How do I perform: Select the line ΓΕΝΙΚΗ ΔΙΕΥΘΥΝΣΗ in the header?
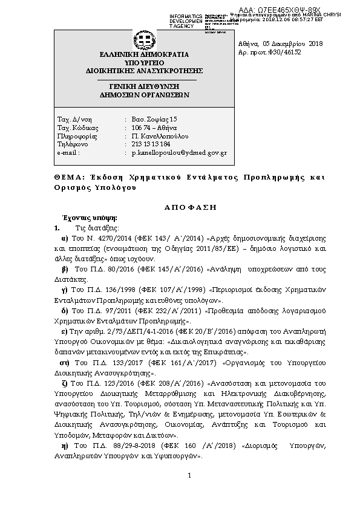pyautogui.click(x=145, y=87)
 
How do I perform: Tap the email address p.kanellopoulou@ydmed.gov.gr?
pyautogui.click(x=179, y=154)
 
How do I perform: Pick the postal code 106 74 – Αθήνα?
pyautogui.click(x=155, y=128)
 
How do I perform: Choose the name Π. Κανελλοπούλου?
pyautogui.click(x=159, y=137)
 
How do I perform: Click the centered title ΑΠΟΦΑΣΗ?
pyautogui.click(x=191, y=207)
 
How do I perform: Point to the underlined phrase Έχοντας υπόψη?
pyautogui.click(x=86, y=217)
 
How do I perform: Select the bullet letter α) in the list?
pyautogui.click(x=65, y=239)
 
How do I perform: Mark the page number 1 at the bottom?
pyautogui.click(x=189, y=475)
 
